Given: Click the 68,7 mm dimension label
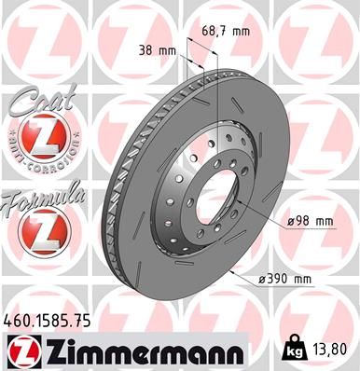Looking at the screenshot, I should [227, 32].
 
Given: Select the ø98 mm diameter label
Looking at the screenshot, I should [311, 221].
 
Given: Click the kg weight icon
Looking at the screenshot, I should [292, 351].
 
